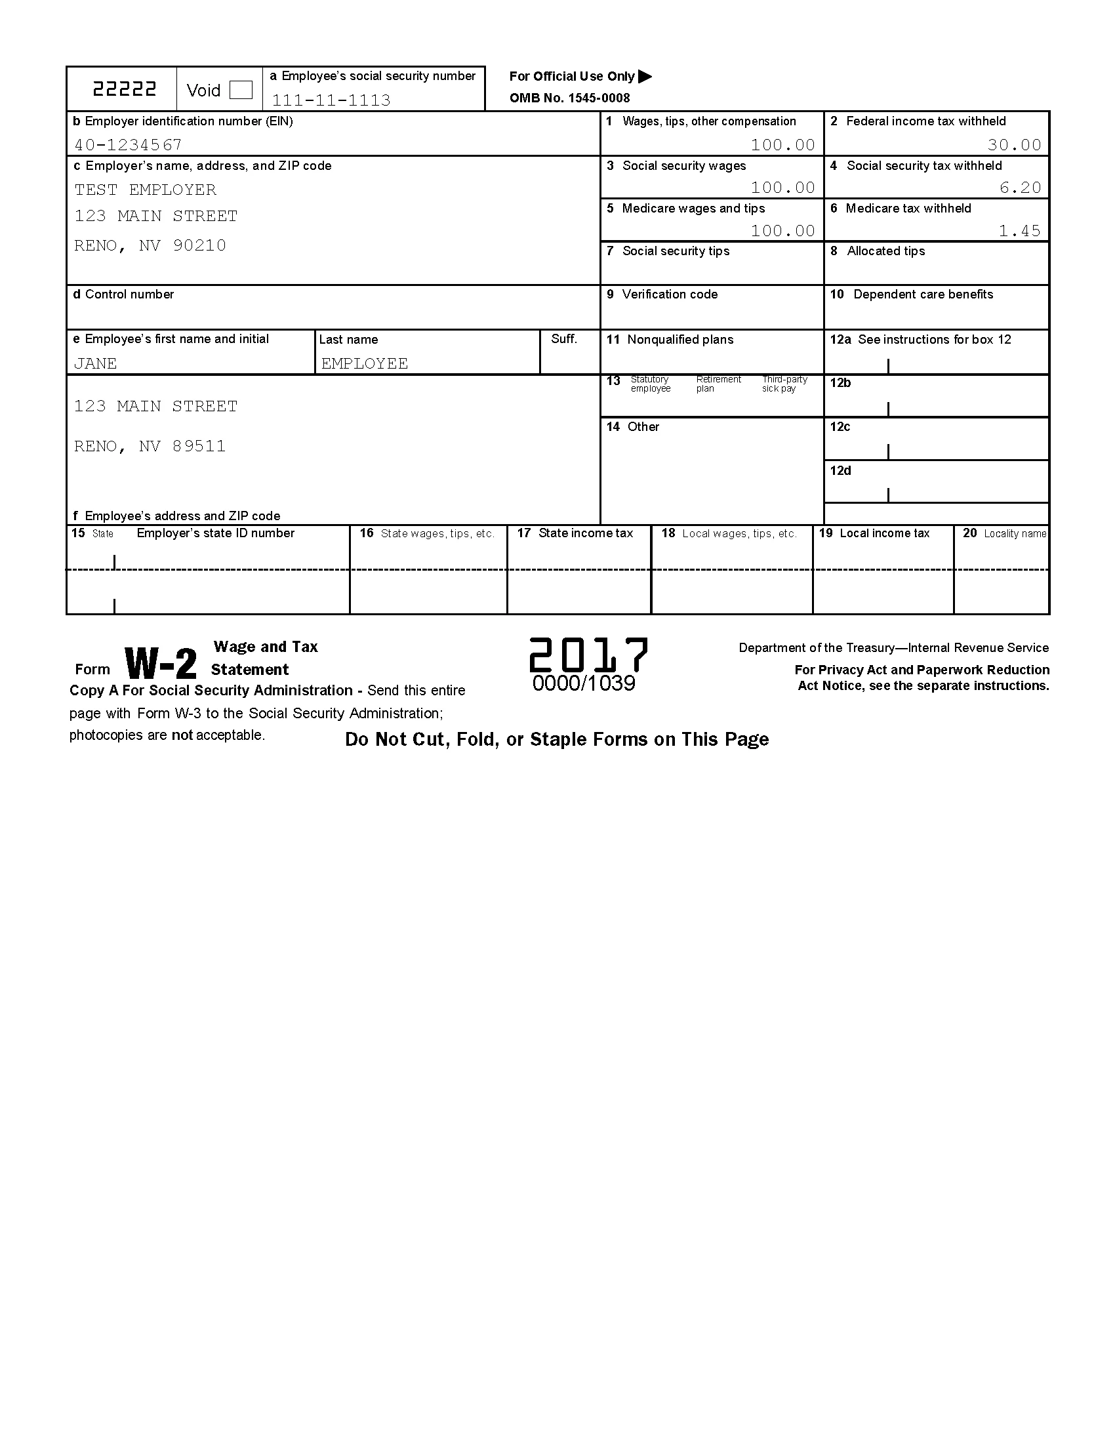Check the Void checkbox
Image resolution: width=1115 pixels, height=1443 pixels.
[x=241, y=90]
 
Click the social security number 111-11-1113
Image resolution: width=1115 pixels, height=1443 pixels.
[x=331, y=100]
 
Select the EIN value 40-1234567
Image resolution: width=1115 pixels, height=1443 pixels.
[x=128, y=145]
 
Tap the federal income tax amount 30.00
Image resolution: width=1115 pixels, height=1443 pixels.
[x=1014, y=145]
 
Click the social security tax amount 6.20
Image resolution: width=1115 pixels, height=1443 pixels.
[x=1020, y=188]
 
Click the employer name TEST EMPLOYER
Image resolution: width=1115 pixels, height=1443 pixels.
[x=146, y=190]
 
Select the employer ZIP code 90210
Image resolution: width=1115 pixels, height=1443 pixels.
[x=199, y=246]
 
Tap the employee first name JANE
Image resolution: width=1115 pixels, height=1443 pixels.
[x=95, y=363]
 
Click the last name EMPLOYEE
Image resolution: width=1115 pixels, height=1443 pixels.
[x=365, y=363]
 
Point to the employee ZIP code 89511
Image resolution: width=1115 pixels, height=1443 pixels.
[x=199, y=447]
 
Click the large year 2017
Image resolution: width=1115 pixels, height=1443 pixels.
[x=588, y=655]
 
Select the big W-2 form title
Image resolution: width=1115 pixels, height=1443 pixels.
[x=161, y=663]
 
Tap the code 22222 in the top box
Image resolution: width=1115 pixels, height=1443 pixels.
[x=124, y=89]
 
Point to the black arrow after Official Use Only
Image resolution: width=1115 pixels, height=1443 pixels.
[x=645, y=77]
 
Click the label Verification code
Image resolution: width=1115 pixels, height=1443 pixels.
[x=669, y=295]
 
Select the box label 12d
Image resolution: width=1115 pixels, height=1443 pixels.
[x=840, y=471]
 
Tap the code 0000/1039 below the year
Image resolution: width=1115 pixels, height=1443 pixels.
[x=584, y=684]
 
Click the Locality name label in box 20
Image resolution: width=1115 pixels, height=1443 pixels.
[x=1015, y=534]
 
